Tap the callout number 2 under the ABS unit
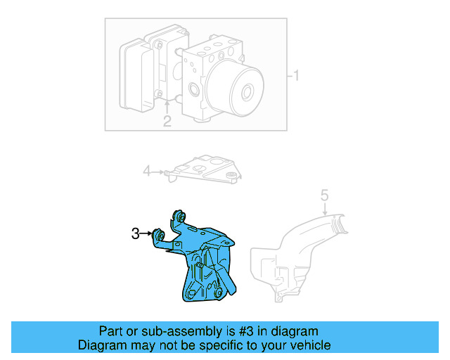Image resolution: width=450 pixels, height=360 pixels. [x=167, y=122]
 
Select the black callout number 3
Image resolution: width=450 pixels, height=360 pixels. [x=136, y=234]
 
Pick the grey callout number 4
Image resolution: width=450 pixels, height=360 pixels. [x=147, y=170]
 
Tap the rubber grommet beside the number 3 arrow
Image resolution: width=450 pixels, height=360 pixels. [x=159, y=235]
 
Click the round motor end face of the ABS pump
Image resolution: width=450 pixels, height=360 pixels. [x=245, y=92]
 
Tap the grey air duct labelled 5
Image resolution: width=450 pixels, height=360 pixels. [x=295, y=257]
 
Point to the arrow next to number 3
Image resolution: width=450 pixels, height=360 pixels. [x=148, y=234]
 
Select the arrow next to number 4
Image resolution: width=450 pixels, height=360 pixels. [x=159, y=171]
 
